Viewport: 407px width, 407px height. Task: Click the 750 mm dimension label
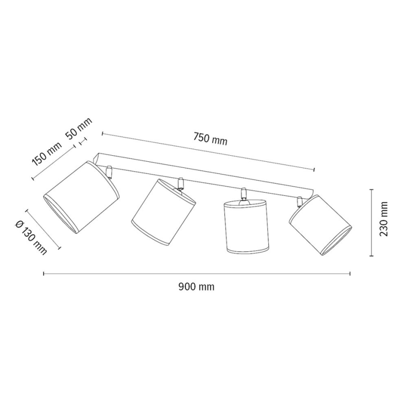tap(210, 139)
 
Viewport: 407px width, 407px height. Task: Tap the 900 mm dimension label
tap(196, 287)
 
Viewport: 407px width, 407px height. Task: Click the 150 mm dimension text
tap(47, 154)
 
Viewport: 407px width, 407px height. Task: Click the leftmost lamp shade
tap(81, 197)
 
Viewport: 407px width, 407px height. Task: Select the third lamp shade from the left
tap(246, 226)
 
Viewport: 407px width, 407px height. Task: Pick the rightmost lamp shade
tap(321, 225)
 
